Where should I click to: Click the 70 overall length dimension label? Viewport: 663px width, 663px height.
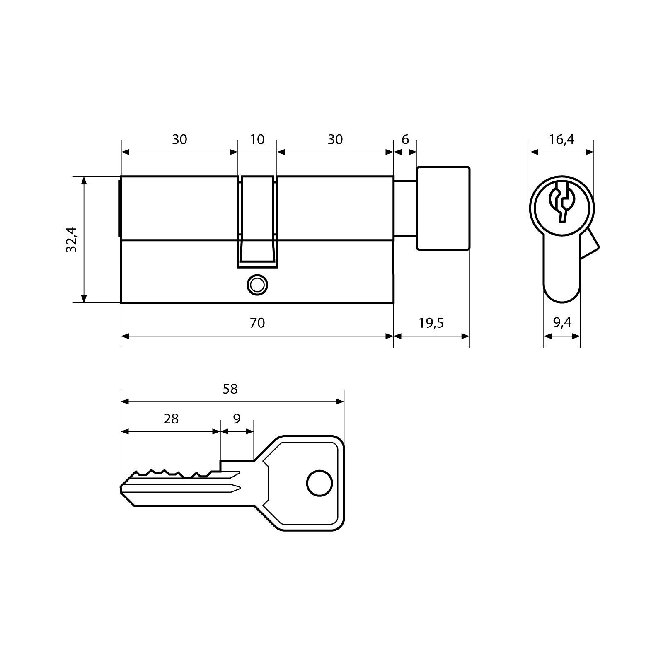tap(257, 323)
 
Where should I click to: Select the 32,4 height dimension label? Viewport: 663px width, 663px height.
tap(72, 239)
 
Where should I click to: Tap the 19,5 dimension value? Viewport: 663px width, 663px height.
tap(431, 323)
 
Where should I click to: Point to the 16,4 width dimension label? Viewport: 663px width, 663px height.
tap(561, 139)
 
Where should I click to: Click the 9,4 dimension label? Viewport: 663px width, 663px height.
tap(562, 323)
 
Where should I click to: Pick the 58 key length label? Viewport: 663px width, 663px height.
tap(230, 389)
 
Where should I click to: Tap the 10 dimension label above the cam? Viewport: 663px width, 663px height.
tap(257, 139)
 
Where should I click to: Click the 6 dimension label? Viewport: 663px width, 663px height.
tap(405, 139)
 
